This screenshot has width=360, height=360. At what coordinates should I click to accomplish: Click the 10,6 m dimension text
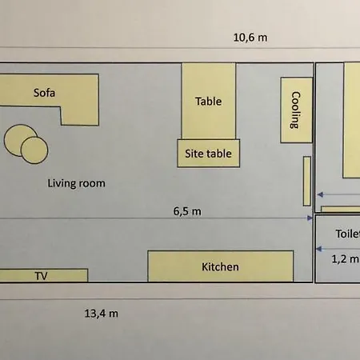tap(250, 38)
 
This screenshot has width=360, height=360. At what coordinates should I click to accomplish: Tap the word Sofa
tap(46, 92)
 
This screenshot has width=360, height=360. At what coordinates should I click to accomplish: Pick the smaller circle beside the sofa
tap(34, 149)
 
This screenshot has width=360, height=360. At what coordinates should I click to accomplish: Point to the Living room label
tap(76, 183)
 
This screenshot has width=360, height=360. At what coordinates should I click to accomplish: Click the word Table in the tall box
tap(208, 102)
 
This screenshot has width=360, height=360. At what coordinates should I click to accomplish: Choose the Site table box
tap(208, 153)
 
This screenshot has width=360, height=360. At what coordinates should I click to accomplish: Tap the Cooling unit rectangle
tap(294, 110)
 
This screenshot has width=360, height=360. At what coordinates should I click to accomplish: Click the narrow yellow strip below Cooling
tap(306, 180)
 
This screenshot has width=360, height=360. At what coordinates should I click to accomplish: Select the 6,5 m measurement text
tap(187, 211)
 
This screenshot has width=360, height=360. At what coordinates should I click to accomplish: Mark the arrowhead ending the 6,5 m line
tap(309, 218)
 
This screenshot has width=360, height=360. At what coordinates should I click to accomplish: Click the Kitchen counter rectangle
tap(220, 266)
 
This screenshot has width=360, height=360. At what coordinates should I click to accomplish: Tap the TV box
tap(42, 275)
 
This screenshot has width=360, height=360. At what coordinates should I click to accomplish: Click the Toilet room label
tap(347, 235)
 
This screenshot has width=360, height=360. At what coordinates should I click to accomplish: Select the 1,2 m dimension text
tap(346, 258)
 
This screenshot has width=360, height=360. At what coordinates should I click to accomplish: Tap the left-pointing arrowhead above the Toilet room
tap(320, 194)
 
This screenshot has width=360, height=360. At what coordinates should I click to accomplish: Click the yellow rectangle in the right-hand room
tap(352, 120)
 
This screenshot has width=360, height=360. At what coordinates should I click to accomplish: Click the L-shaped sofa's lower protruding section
tap(79, 112)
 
